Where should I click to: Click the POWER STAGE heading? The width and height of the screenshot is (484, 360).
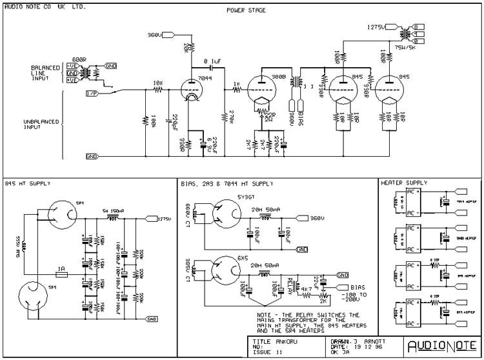[245, 11]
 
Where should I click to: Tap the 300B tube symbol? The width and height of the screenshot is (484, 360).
[265, 90]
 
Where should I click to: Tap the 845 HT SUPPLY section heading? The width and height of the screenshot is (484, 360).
[27, 183]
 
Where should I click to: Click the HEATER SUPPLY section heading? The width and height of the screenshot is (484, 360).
[403, 183]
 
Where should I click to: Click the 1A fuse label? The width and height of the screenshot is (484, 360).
[62, 267]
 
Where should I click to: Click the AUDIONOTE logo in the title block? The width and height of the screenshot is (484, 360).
[443, 344]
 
